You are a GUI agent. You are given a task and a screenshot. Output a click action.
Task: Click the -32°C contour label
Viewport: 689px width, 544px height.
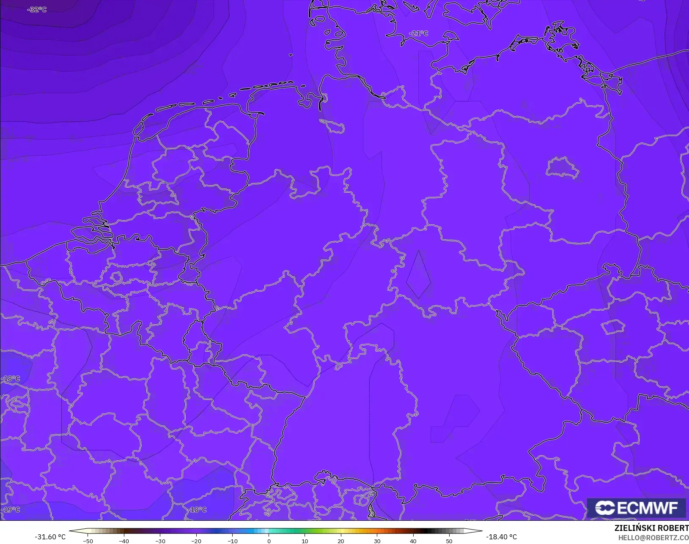(x=37, y=9)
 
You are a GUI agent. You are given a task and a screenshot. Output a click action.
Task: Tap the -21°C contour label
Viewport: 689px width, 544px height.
(x=418, y=33)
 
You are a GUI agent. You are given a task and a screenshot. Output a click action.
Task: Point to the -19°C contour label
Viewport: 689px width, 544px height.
(x=11, y=509)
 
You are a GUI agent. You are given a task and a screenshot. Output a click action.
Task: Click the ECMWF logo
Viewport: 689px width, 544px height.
(x=636, y=508)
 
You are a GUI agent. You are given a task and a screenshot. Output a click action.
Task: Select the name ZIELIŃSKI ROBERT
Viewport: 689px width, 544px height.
(x=651, y=528)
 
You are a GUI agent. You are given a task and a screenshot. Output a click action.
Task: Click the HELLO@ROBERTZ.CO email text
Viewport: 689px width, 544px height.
(x=653, y=538)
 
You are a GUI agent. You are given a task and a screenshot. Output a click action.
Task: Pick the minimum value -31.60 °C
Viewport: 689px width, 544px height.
(x=50, y=537)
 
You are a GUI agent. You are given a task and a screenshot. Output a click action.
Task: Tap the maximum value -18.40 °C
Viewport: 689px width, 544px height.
(x=501, y=537)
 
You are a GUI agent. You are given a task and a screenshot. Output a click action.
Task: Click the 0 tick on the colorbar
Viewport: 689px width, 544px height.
(x=269, y=541)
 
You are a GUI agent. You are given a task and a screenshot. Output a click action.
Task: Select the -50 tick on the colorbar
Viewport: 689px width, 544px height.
(x=88, y=541)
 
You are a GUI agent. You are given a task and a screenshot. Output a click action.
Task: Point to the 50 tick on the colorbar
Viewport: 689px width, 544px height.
(x=449, y=541)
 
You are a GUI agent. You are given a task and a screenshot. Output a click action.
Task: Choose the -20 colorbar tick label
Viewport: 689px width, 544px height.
(x=196, y=541)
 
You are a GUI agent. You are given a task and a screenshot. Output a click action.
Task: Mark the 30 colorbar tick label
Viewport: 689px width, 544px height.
(x=377, y=541)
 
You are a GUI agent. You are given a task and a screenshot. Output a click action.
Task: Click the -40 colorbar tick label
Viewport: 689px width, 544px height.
(x=124, y=541)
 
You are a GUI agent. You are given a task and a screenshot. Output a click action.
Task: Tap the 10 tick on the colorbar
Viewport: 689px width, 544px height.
(x=305, y=541)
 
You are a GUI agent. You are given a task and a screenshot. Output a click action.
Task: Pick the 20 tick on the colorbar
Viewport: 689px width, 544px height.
(x=341, y=541)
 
